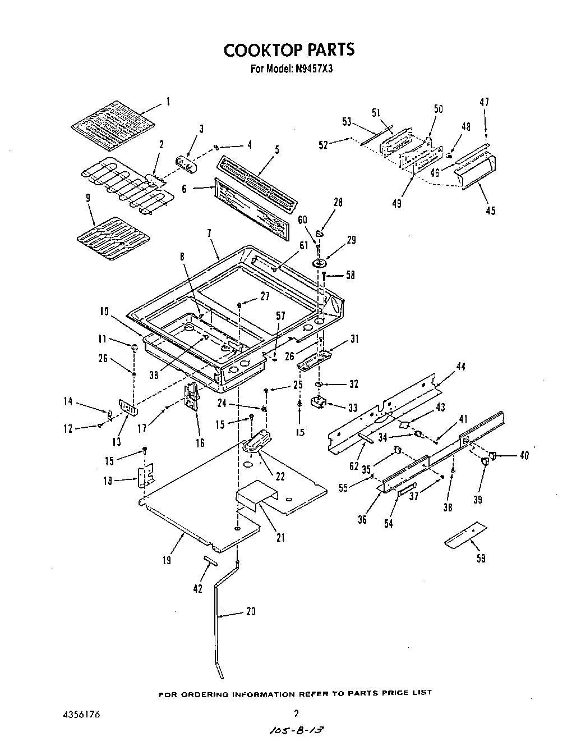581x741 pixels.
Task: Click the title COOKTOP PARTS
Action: (289, 49)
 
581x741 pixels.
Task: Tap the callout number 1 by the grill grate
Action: (168, 102)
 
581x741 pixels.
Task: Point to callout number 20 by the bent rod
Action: (251, 611)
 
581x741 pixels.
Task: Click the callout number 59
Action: (480, 558)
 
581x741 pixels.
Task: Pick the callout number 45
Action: (491, 211)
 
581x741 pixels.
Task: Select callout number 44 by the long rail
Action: (460, 367)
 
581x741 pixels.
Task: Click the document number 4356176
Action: (81, 715)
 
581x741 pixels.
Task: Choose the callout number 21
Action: (280, 538)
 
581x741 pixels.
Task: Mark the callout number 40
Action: (524, 455)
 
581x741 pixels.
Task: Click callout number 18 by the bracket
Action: (108, 481)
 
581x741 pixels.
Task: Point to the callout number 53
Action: (347, 122)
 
